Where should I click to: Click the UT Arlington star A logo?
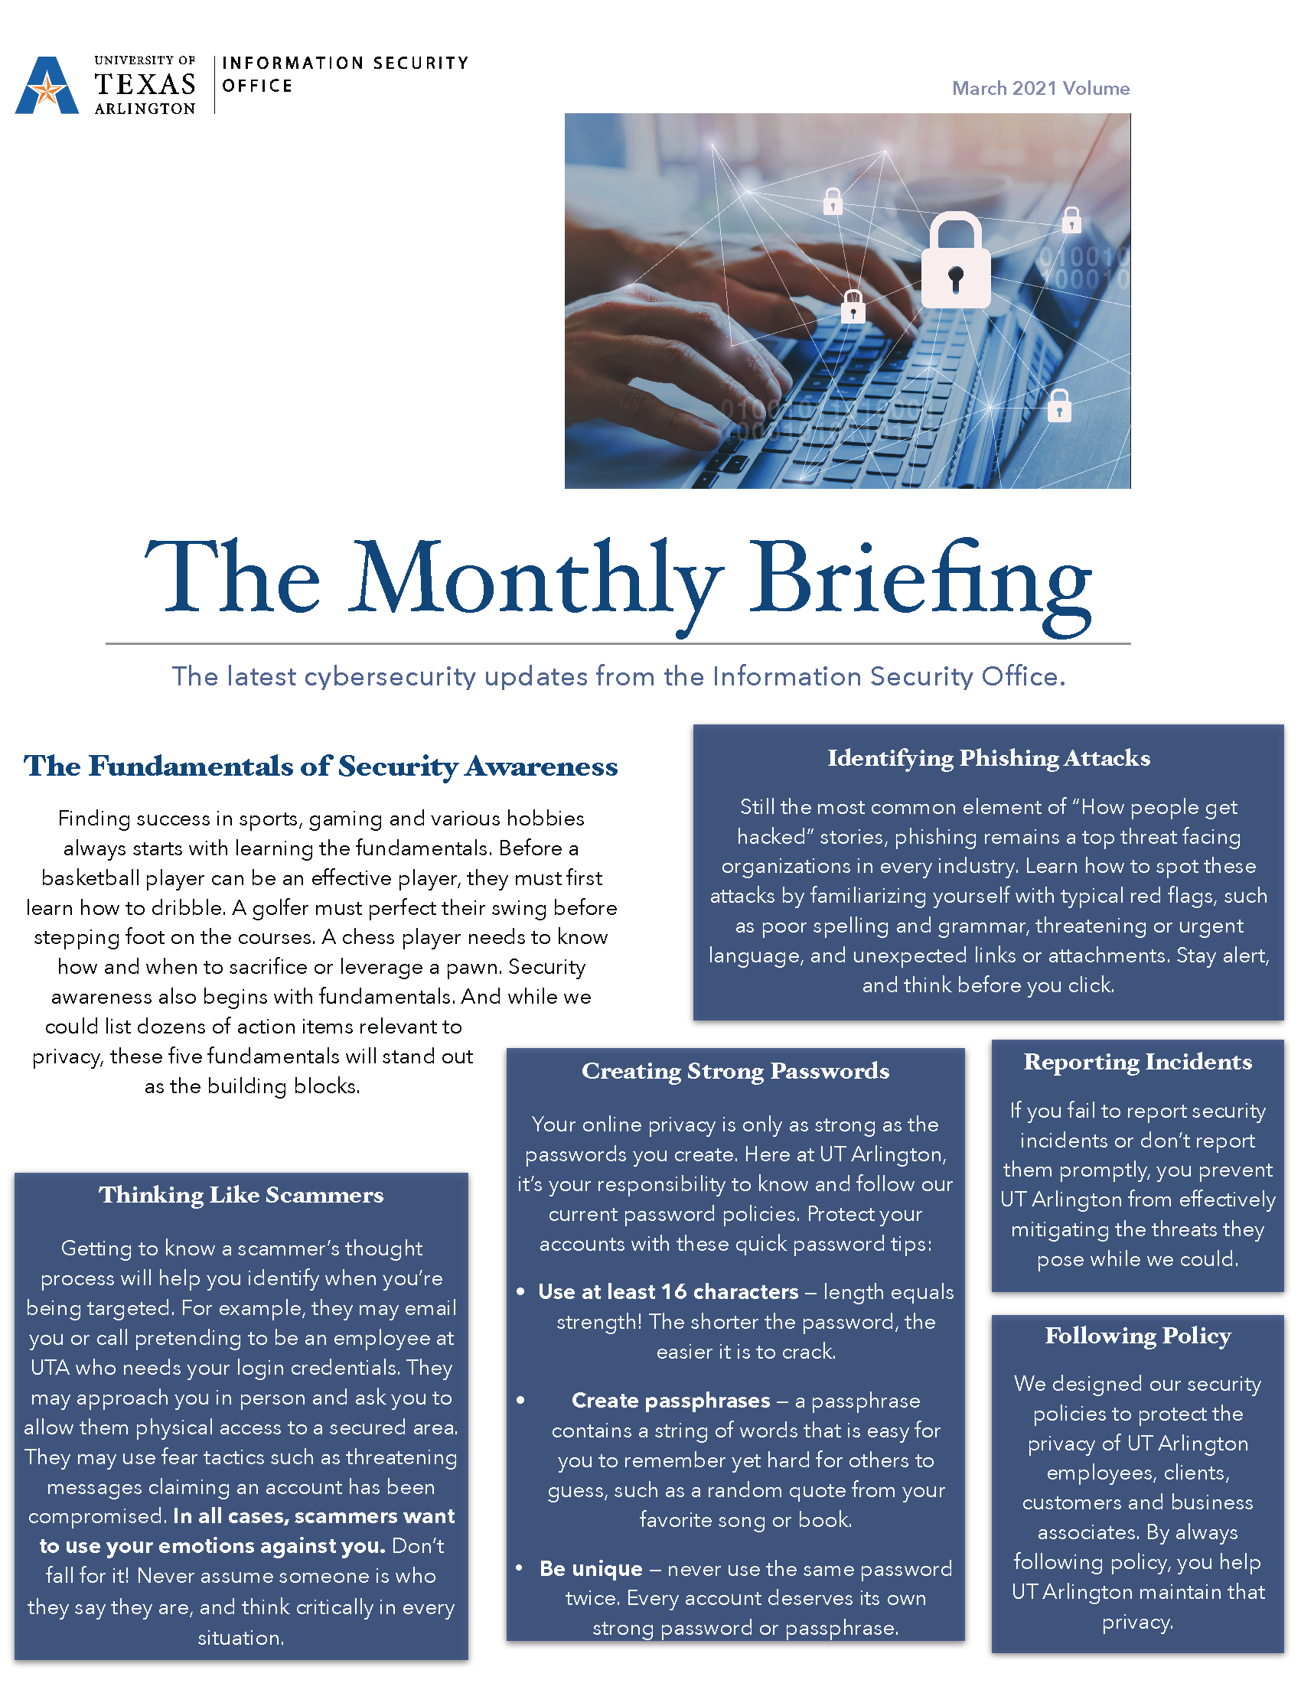47,86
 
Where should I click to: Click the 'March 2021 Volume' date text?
1041,89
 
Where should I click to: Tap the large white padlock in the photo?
956,262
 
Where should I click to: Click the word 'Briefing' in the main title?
920,582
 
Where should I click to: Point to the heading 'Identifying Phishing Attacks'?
988,758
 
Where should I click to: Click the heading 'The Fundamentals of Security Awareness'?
321,766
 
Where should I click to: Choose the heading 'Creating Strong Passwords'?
735,1071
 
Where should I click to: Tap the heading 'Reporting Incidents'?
1137,1062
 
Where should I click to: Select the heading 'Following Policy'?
1137,1336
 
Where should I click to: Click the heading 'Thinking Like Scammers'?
240,1195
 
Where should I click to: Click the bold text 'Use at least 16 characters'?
668,1292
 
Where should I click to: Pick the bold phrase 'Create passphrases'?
670,1400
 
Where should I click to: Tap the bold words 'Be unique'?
590,1569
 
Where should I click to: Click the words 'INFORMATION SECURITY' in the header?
344,63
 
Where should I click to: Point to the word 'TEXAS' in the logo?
145,84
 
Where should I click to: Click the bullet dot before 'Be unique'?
520,1567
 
